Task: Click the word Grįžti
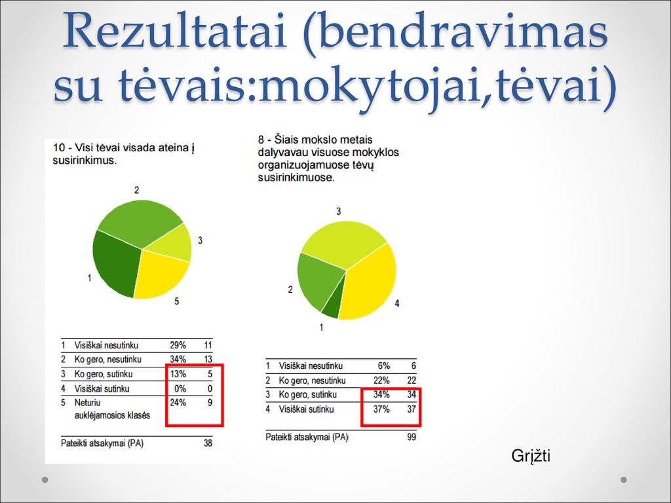tap(531, 456)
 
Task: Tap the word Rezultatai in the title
tap(174, 31)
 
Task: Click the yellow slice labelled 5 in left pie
tap(161, 272)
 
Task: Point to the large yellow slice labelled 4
tap(368, 282)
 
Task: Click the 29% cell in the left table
tap(178, 345)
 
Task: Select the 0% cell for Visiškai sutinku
tap(180, 389)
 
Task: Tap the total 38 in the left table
tap(208, 443)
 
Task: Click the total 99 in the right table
tap(412, 437)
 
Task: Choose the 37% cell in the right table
tap(381, 409)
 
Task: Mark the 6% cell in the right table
tap(384, 365)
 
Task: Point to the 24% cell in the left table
tap(178, 403)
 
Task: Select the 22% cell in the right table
tap(381, 381)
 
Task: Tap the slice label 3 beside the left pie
tap(200, 241)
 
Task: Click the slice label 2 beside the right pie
tap(290, 289)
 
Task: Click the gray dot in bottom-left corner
tap(45, 480)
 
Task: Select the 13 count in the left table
tap(208, 360)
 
